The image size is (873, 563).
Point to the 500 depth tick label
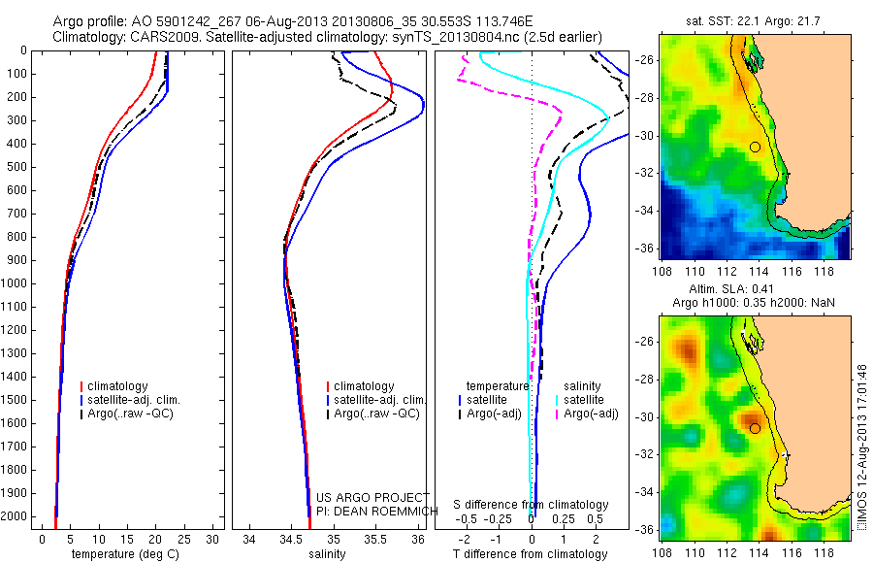tap(17, 167)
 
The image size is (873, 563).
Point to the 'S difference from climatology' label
tap(532, 505)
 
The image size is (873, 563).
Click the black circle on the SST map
tap(755, 147)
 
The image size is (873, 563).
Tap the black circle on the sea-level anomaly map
tap(755, 427)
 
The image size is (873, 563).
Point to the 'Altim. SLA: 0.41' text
tap(754, 290)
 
